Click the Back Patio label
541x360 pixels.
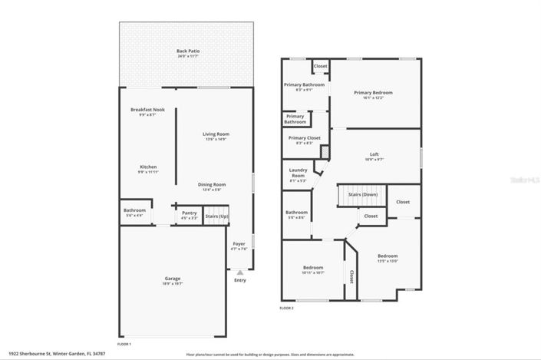(x=188, y=51)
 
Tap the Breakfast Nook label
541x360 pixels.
(x=147, y=109)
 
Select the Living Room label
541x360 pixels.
(x=216, y=134)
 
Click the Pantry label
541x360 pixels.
(x=189, y=213)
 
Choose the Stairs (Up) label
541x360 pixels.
(x=216, y=216)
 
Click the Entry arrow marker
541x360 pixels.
(x=239, y=272)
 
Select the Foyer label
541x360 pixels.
(x=239, y=243)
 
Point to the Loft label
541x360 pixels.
(x=374, y=154)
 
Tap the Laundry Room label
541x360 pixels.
(x=298, y=173)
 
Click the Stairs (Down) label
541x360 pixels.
(x=363, y=195)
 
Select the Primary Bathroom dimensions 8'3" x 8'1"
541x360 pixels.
(x=299, y=90)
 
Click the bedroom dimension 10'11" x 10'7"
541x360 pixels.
(x=313, y=272)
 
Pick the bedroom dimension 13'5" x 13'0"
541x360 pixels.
(x=387, y=261)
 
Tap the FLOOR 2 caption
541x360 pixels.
(x=286, y=308)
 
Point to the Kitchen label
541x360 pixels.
(x=148, y=167)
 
